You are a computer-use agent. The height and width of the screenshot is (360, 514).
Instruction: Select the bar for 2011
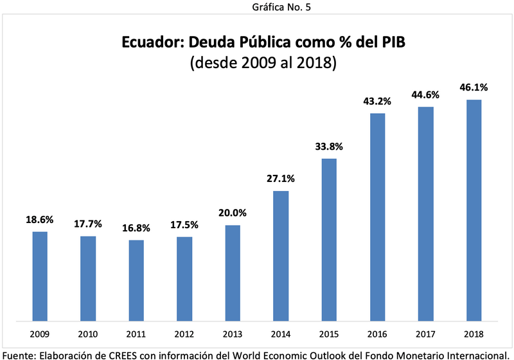(136, 280)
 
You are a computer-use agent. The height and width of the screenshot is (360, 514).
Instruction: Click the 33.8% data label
(329, 147)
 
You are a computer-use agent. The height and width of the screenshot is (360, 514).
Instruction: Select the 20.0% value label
(233, 213)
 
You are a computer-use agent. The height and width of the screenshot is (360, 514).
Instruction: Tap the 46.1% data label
(474, 88)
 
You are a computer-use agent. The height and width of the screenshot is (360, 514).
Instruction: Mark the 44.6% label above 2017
(425, 95)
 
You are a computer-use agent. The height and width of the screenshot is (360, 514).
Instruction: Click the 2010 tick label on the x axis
(88, 334)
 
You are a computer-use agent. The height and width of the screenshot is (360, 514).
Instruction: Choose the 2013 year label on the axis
(233, 334)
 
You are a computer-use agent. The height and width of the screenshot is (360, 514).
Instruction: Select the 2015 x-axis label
(329, 334)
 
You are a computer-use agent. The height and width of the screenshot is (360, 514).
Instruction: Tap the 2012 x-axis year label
(184, 334)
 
